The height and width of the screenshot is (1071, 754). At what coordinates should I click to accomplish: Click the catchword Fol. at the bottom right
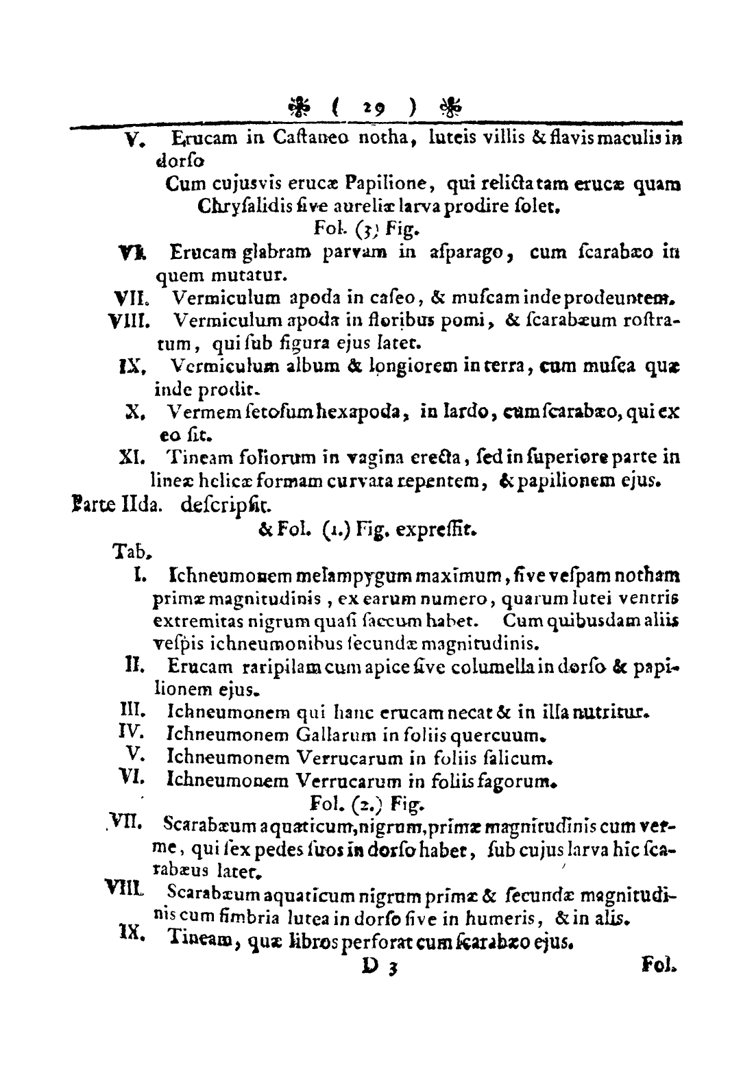point(659,967)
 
